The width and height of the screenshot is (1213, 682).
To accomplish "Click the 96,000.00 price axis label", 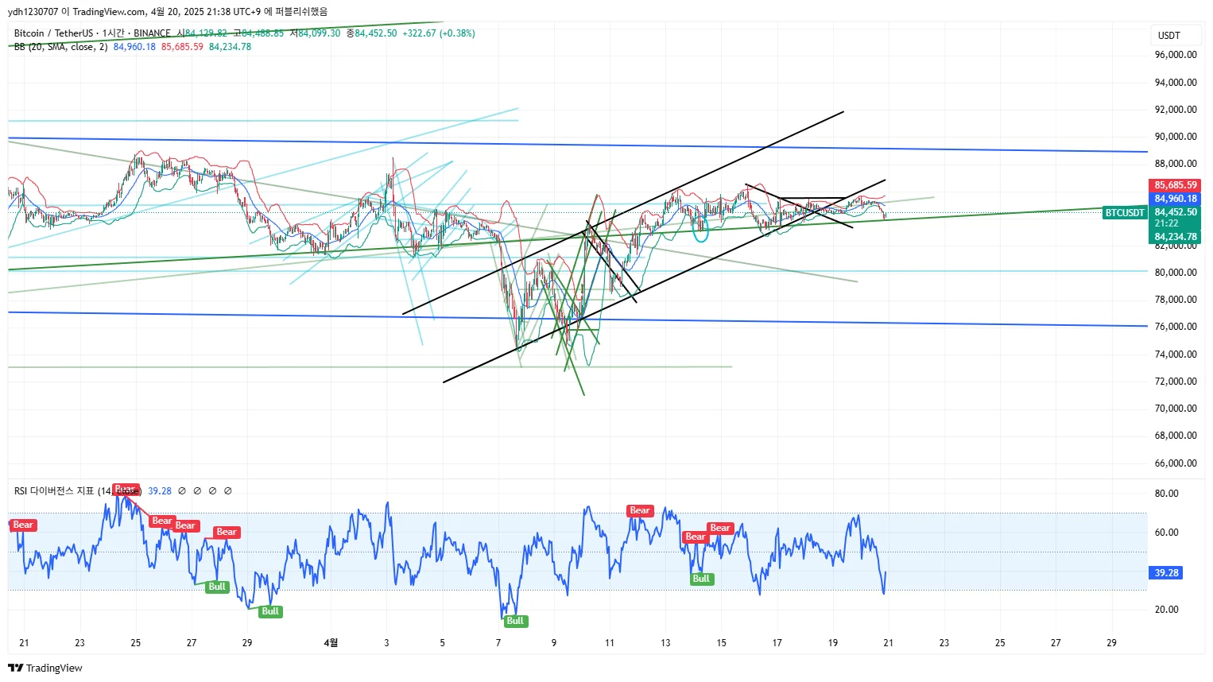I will tap(1175, 55).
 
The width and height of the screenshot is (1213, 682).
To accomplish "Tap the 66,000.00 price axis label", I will tap(1175, 463).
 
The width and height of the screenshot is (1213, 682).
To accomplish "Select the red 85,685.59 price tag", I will tap(1175, 185).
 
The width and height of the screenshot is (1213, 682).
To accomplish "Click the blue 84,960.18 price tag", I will tap(1175, 199).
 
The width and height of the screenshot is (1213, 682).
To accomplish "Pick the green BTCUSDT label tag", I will tap(1124, 213).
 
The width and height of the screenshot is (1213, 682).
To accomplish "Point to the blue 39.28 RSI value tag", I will tap(1166, 573).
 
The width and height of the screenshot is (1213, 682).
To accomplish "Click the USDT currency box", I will tap(1168, 36).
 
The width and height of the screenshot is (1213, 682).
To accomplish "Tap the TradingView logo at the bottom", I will tap(45, 668).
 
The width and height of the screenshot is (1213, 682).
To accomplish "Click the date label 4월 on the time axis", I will tap(331, 643).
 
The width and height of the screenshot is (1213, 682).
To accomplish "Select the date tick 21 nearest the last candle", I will tap(888, 643).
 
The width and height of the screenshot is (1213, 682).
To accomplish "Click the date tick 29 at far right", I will tap(1111, 643).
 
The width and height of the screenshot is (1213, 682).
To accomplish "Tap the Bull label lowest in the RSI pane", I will tap(515, 621).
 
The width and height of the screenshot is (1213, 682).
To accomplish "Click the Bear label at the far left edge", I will tap(23, 525).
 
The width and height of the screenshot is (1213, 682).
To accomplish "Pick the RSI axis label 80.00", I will tap(1166, 494).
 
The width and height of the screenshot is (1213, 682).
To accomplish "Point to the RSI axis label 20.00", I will tap(1166, 610).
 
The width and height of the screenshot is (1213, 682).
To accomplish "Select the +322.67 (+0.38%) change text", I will tap(439, 33).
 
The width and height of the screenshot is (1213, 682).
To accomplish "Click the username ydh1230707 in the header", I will tap(33, 12).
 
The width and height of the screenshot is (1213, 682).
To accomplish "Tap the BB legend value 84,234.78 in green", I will tap(230, 47).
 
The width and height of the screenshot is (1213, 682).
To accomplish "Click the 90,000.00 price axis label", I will tap(1175, 137).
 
